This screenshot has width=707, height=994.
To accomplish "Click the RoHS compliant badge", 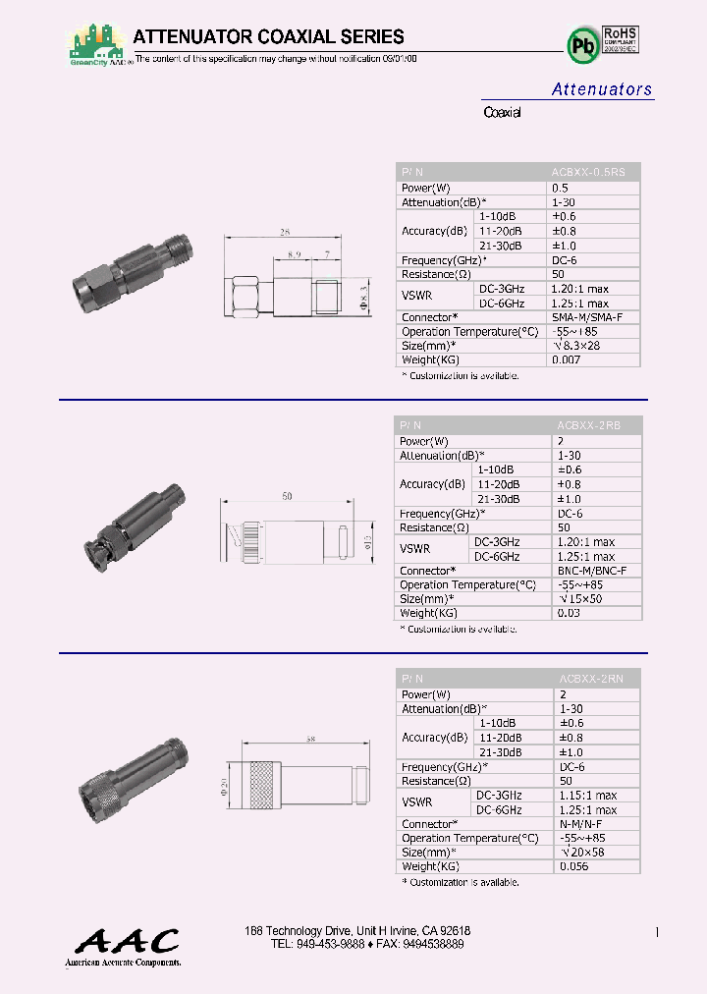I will (621, 45).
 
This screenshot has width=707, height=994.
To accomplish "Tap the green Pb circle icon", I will (581, 45).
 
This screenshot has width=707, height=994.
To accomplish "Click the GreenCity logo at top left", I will (97, 45).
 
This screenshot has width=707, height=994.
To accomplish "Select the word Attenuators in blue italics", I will (601, 89).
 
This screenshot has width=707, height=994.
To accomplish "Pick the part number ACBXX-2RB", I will (589, 425).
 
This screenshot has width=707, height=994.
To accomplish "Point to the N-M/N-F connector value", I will (582, 824).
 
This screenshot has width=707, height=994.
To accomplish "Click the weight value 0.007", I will (567, 360).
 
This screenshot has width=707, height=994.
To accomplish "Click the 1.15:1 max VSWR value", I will (588, 796).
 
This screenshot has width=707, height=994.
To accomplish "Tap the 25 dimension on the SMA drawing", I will (285, 233).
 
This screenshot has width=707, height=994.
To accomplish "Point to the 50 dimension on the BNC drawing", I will (287, 497).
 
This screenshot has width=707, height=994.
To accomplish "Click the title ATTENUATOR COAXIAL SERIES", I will (268, 37).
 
